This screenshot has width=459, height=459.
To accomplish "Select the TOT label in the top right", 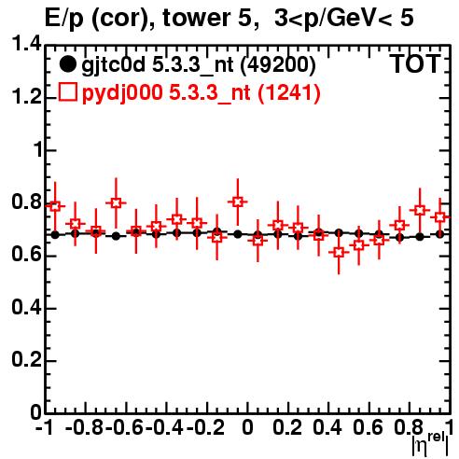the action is point(415,64).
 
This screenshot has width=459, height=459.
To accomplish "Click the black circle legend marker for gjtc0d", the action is point(67,64).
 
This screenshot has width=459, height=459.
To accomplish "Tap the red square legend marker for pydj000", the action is point(67,92).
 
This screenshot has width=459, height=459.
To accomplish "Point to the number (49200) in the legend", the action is point(278,65).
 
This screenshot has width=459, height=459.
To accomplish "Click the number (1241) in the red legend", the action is point(289,92).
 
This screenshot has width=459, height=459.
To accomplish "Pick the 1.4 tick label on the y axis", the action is point(26,44).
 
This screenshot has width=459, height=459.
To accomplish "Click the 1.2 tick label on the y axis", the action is point(26,97).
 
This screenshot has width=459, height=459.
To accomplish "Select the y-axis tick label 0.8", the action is point(26,202).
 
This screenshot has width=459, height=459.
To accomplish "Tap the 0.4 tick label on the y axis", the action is point(26,307).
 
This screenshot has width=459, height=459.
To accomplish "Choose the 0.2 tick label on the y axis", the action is point(26,360).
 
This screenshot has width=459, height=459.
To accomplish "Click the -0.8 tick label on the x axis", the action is point(84,427).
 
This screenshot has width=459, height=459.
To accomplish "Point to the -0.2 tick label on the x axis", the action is point(205,427).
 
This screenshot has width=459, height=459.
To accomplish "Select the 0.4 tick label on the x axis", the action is point(327,427).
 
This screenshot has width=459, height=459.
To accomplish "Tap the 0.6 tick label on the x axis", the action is point(368,427).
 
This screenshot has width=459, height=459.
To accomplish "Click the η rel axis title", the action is point(430,444).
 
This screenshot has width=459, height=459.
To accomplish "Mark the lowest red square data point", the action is point(339,252).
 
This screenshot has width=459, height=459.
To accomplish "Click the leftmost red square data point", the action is point(55,206).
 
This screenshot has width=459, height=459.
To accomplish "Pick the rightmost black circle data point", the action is point(439,234).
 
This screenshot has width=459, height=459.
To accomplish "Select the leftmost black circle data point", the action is point(55,235).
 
